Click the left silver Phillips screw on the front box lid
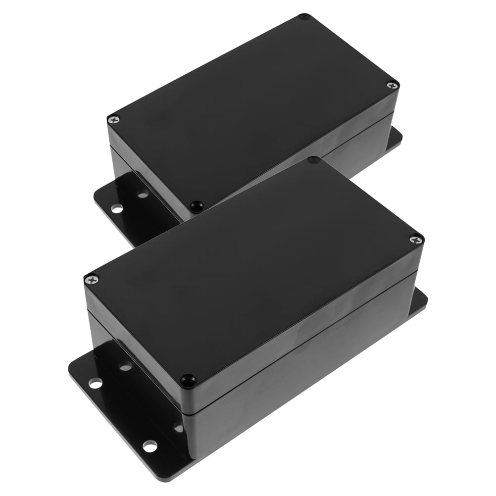(92, 280)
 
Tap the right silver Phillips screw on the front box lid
(416, 239)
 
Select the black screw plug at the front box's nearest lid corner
(187, 380)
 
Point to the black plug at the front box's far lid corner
(313, 160)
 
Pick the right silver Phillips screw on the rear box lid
(392, 85)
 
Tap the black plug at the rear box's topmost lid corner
(304, 17)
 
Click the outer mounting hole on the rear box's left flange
(116, 208)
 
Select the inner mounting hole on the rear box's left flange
(143, 195)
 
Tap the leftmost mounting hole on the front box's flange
(96, 382)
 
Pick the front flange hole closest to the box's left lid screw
(125, 367)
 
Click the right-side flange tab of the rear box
(394, 139)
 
